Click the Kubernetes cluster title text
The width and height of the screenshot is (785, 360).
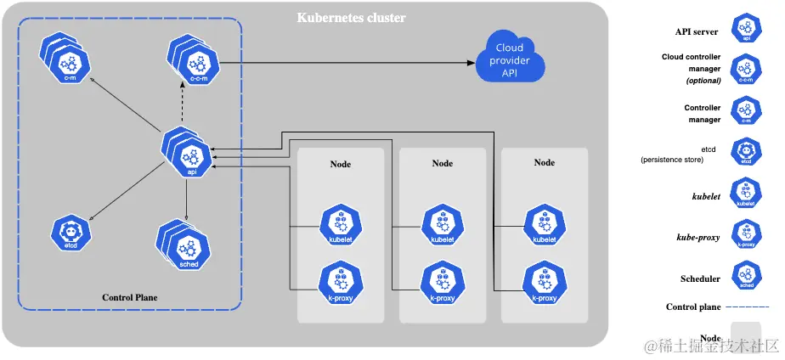[351, 18]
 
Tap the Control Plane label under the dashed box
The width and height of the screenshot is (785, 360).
[130, 298]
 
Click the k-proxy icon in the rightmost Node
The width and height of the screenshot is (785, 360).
[543, 284]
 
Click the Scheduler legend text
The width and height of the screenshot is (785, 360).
[700, 278]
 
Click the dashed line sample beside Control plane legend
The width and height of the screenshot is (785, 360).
[748, 306]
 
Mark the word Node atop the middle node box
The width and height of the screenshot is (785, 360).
[443, 164]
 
